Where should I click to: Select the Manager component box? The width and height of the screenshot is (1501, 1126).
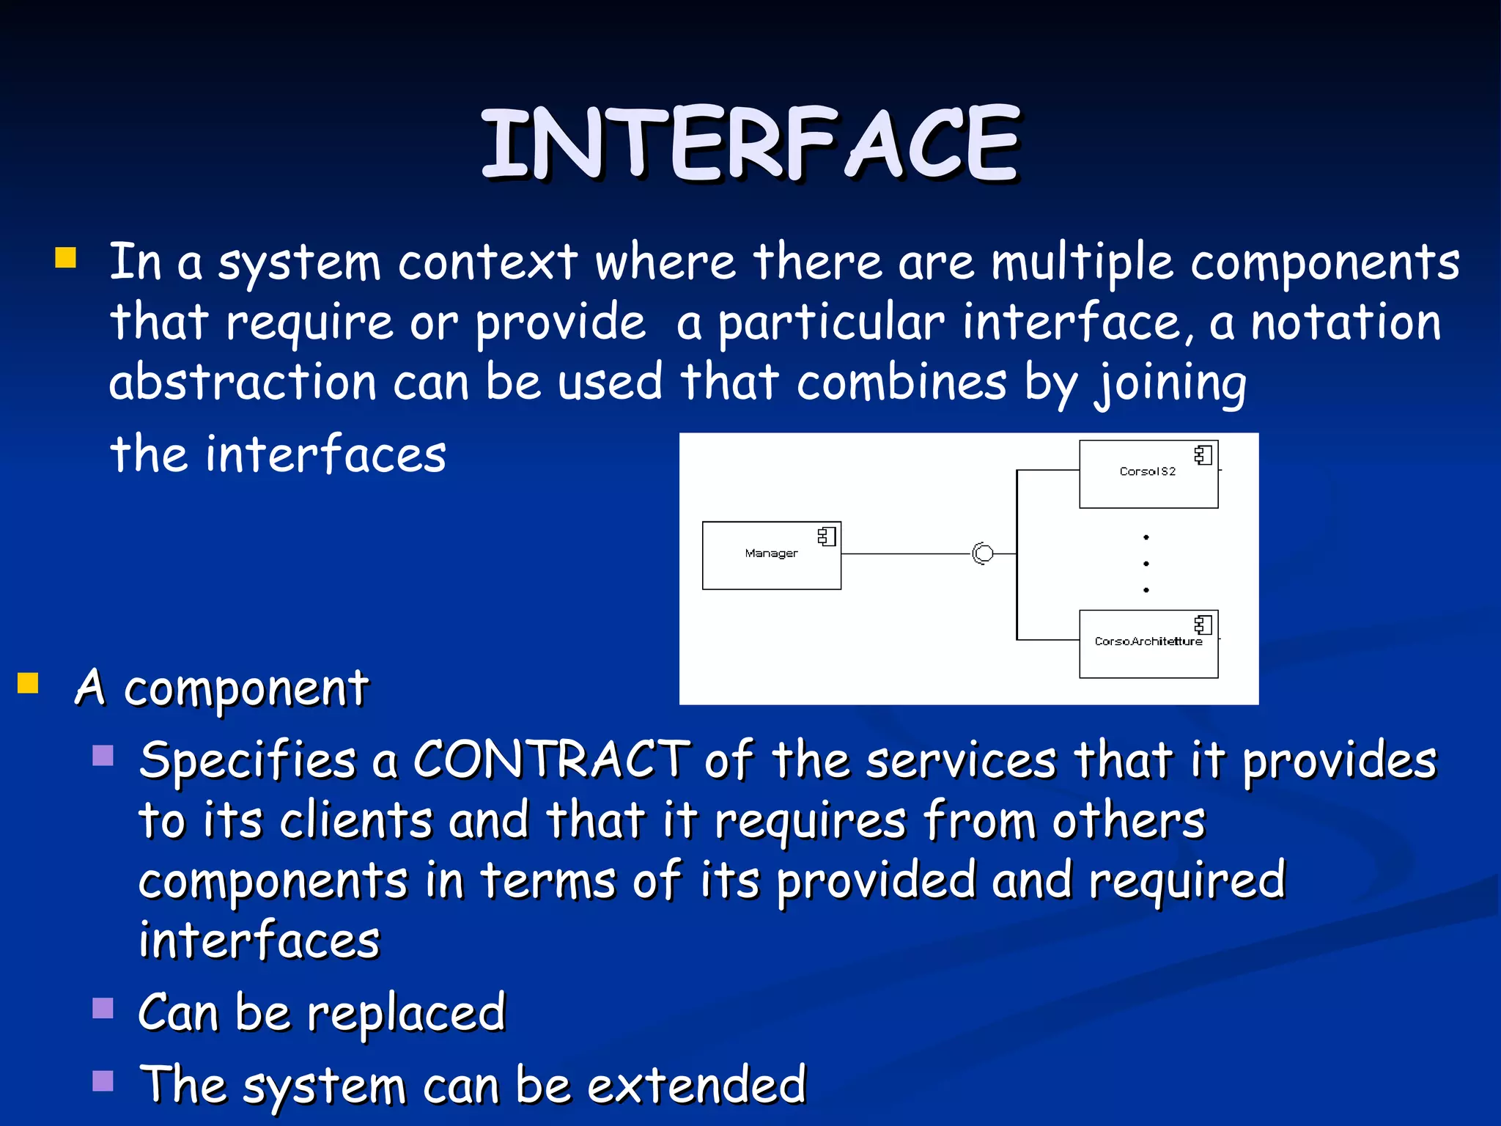point(771,555)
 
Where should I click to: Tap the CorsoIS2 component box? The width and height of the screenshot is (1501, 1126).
point(1148,474)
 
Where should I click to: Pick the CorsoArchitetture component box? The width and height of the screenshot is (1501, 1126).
point(1148,644)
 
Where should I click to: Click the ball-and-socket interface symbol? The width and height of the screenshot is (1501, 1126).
point(983,553)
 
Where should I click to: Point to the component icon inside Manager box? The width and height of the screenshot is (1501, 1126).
point(827,537)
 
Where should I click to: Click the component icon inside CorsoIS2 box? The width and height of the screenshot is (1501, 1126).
point(1203,455)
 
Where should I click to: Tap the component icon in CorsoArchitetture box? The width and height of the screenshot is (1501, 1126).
point(1203,625)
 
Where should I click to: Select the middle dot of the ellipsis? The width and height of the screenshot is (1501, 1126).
point(1146,564)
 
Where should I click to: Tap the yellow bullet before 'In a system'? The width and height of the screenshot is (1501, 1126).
point(65,258)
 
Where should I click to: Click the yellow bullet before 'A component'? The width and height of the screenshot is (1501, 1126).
point(28,682)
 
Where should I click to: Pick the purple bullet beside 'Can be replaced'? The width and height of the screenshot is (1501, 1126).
point(103,1009)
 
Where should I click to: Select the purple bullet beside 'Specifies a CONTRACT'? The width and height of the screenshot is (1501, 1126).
point(103,755)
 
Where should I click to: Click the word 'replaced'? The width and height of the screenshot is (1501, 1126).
point(406,1014)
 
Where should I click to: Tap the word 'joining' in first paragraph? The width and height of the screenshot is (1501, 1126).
point(1170,383)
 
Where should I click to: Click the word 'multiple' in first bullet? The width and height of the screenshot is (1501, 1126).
point(1082,263)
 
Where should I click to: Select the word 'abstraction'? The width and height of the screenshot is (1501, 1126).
point(243,383)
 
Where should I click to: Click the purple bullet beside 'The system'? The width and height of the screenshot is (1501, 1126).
point(103,1081)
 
